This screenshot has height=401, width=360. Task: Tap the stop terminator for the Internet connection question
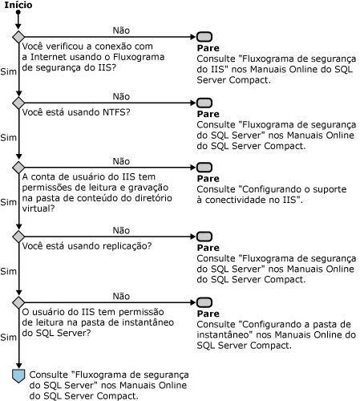(204, 37)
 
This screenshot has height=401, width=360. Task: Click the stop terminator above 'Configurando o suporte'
(204, 168)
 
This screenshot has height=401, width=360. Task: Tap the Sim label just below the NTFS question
(8, 137)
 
